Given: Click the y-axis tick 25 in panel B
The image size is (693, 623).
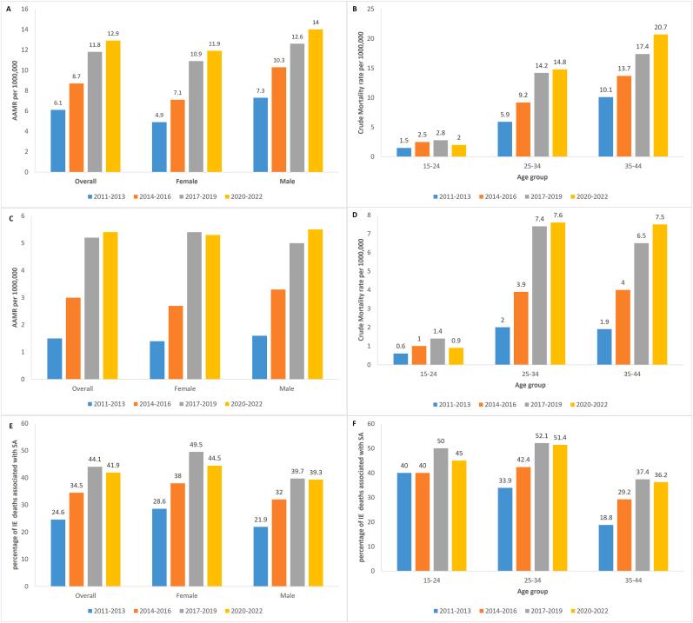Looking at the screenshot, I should click(x=371, y=9).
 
